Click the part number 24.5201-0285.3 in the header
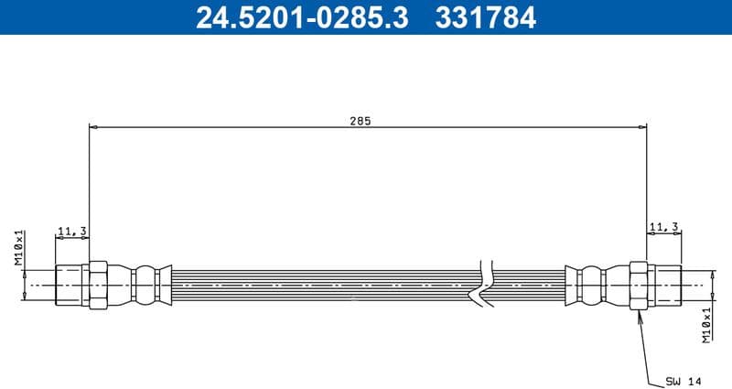[x=302, y=17]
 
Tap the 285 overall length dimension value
[x=360, y=120]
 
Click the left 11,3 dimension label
[x=70, y=231]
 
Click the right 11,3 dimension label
[x=662, y=225]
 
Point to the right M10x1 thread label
[x=706, y=325]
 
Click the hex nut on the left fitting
[x=96, y=285]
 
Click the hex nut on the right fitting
[x=639, y=285]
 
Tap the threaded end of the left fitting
[x=70, y=285]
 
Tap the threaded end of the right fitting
[x=664, y=285]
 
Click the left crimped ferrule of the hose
[x=146, y=285]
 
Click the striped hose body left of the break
[x=320, y=285]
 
